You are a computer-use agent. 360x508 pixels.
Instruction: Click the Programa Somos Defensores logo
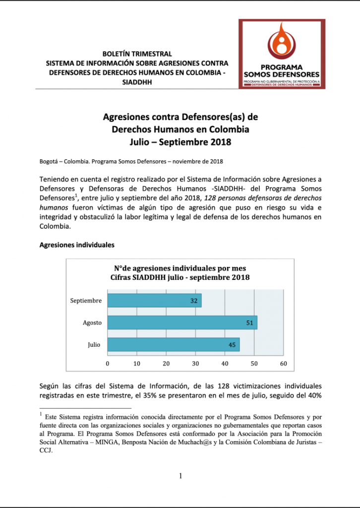click(281, 54)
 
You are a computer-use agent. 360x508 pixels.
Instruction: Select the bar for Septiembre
click(154, 301)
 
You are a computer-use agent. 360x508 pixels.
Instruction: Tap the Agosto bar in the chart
click(182, 322)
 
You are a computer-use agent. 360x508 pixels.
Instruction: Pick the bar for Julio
click(173, 345)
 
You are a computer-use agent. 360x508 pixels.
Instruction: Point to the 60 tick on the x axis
click(284, 364)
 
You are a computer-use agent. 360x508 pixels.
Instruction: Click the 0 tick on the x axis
click(108, 364)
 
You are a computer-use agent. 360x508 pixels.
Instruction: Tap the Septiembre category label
click(86, 301)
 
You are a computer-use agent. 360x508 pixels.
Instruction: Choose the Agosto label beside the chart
click(92, 323)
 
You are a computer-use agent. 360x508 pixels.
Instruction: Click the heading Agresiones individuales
click(77, 245)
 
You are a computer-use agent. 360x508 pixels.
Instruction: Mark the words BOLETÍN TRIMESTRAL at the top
click(136, 54)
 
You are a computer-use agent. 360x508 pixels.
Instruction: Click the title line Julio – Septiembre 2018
click(180, 142)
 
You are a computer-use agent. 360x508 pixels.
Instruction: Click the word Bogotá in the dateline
click(49, 161)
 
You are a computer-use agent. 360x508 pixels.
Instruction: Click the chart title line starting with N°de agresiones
click(180, 268)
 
